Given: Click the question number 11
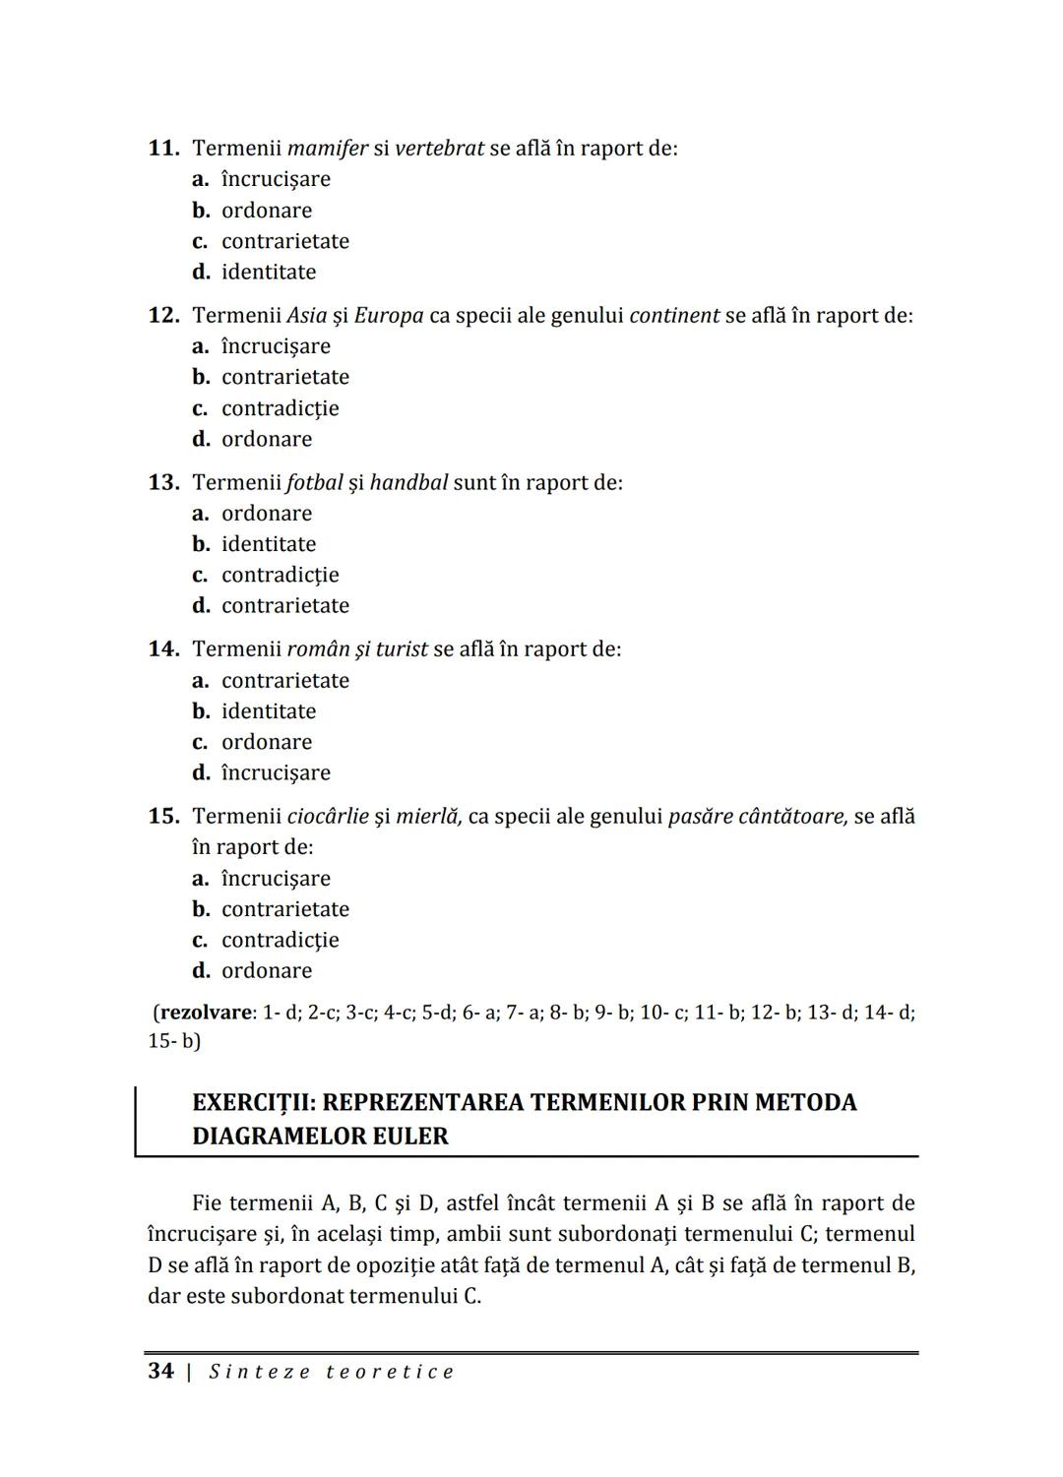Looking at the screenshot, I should [162, 149].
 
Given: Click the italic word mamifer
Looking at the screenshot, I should [327, 149].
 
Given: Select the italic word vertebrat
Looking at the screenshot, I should [439, 149].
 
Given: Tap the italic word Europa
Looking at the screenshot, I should [389, 316].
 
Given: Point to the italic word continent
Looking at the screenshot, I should [674, 316].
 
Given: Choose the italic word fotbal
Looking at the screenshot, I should [315, 483].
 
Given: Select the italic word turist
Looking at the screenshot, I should [402, 649].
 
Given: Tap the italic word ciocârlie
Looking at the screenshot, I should [328, 817].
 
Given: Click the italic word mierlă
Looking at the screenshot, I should [428, 817].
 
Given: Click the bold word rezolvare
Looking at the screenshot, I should [206, 1013].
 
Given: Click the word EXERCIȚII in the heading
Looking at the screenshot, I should [251, 1102].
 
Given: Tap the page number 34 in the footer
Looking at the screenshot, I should [160, 1372].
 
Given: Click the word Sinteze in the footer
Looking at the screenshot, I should [260, 1373].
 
